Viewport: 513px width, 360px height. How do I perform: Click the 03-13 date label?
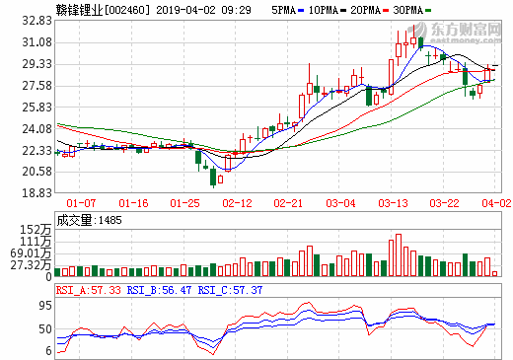[x=394, y=203]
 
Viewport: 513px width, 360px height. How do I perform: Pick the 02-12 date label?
[x=237, y=203]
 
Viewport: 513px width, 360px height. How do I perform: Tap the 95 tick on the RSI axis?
[x=42, y=305]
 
